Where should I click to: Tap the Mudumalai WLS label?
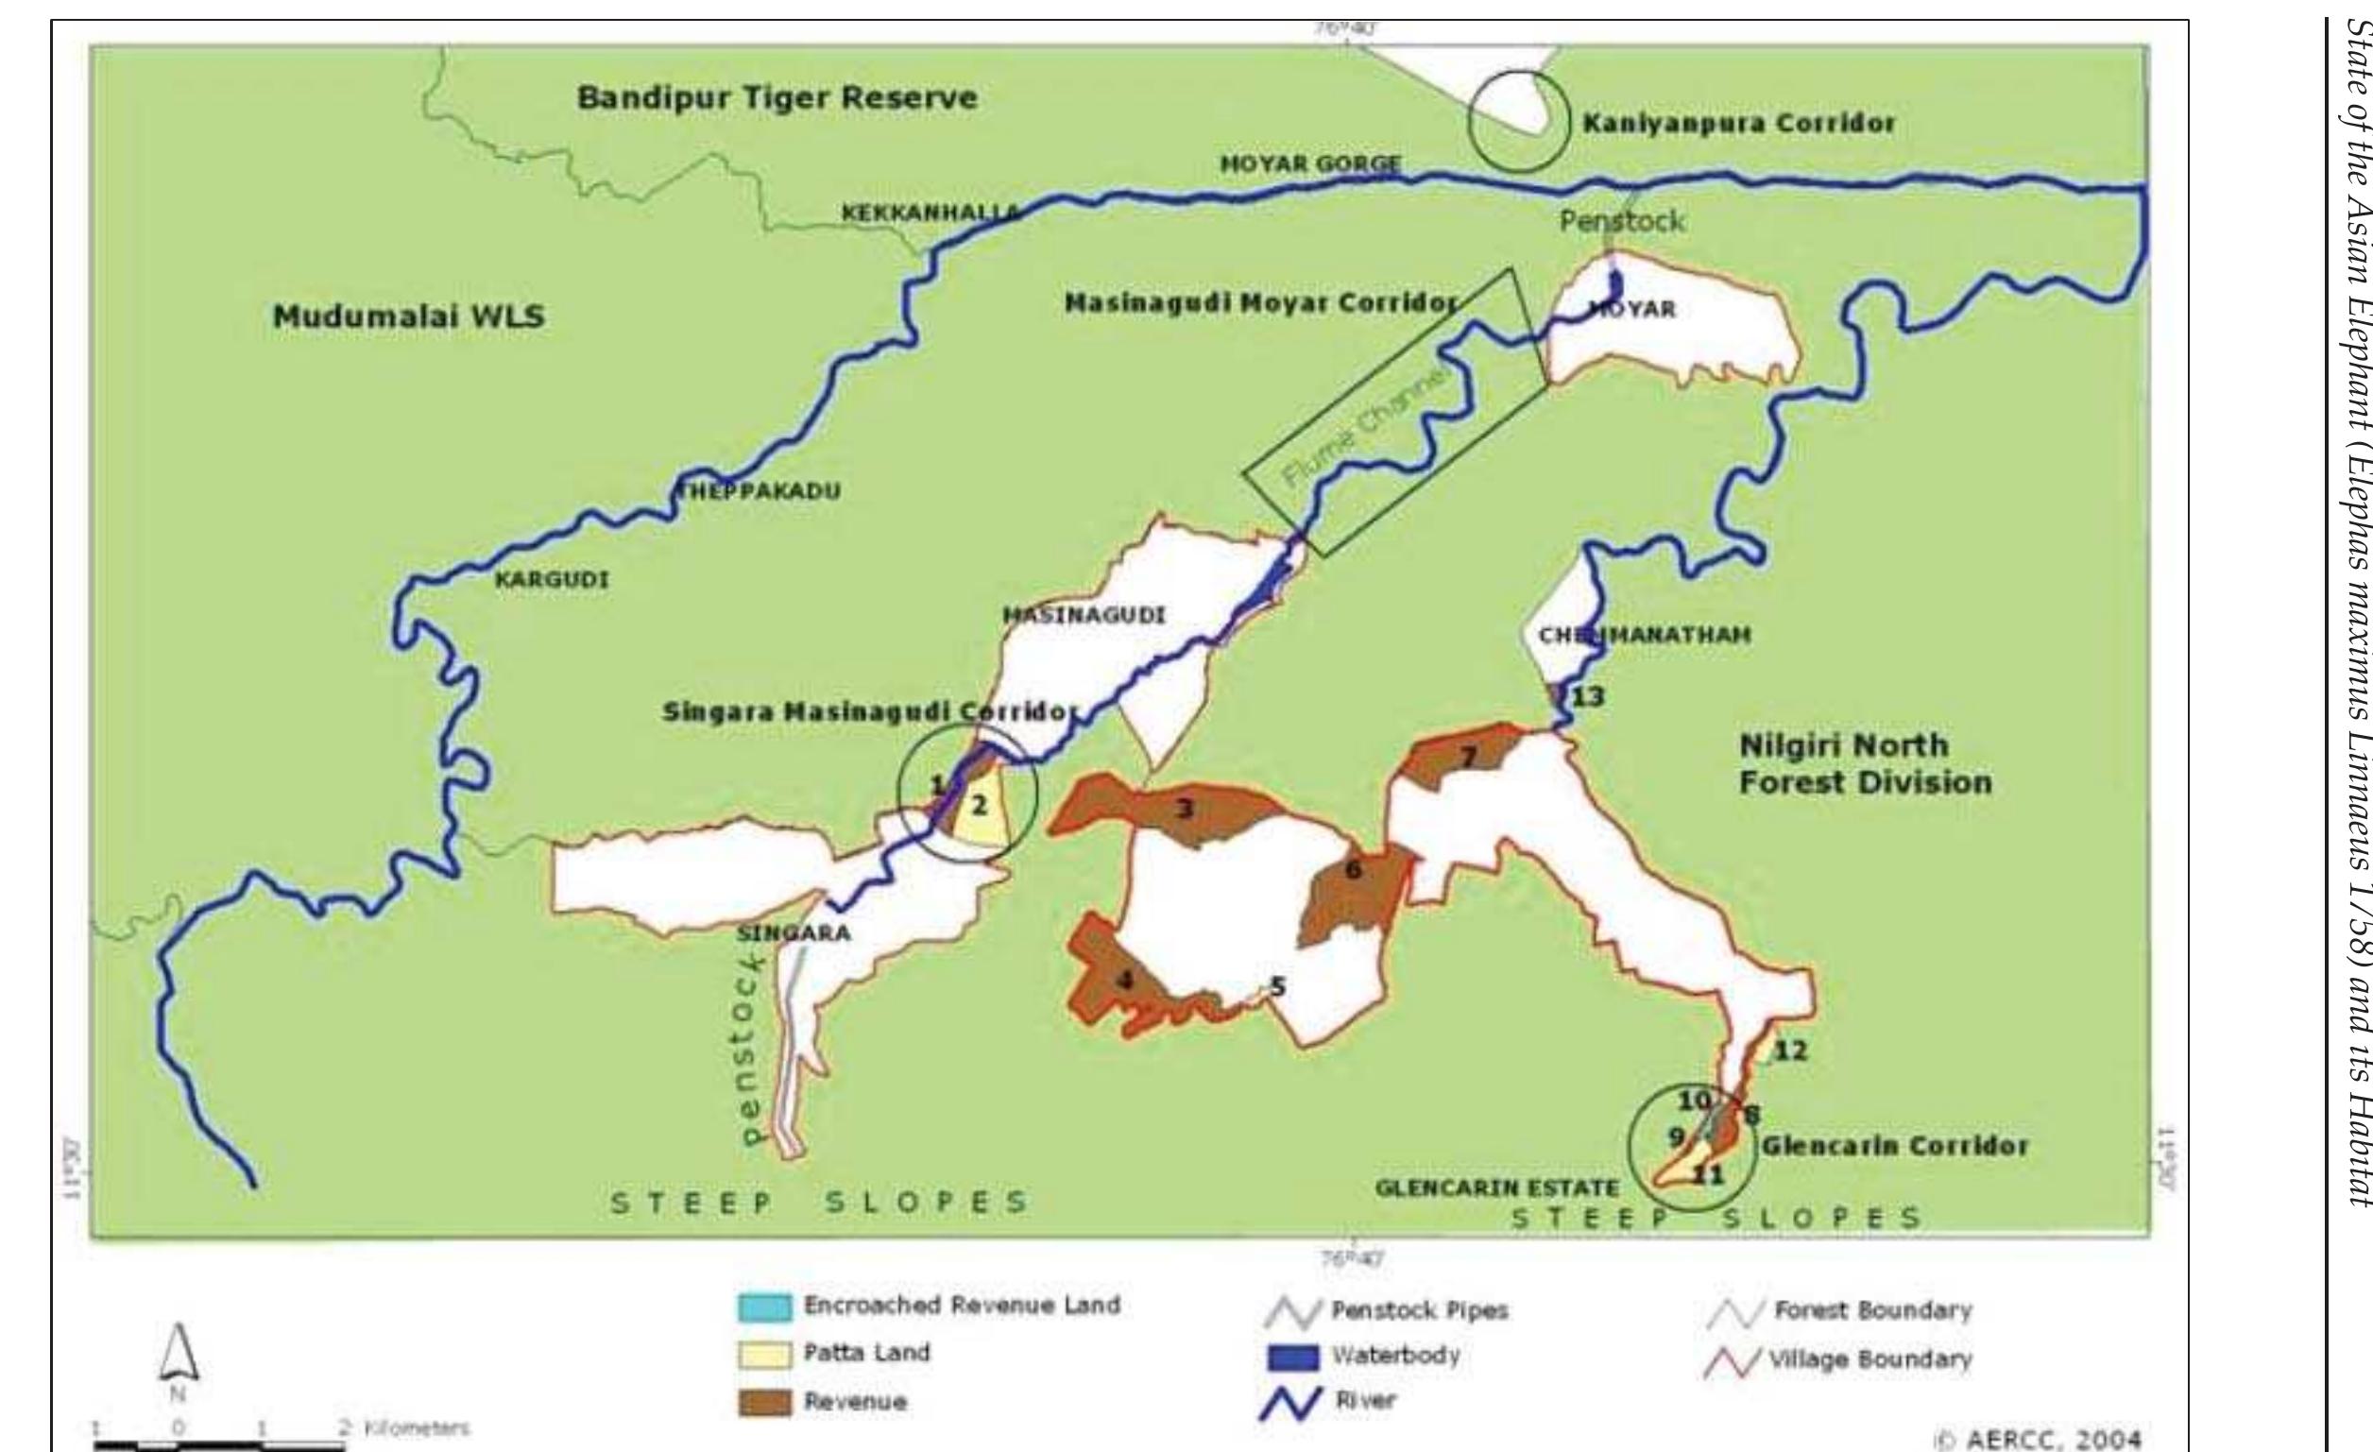(x=408, y=316)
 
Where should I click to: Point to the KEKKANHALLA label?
(x=930, y=213)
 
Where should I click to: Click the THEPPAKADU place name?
(x=774, y=491)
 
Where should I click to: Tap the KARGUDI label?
(x=551, y=581)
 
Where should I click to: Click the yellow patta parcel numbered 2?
(x=980, y=805)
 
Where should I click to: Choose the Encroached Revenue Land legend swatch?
(x=764, y=1307)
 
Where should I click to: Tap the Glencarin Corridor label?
(x=1894, y=1146)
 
